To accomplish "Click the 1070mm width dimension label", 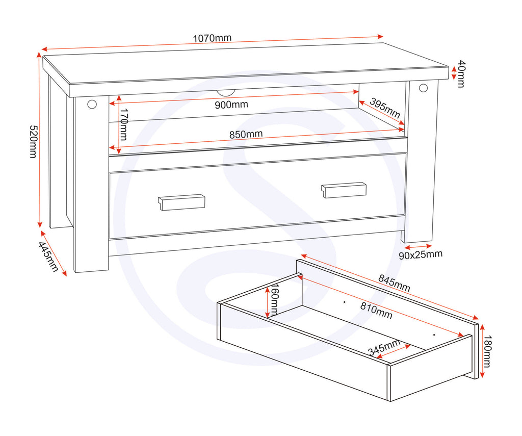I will [x=212, y=38].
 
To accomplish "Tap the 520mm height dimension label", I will [x=33, y=141].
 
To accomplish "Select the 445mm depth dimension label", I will [x=48, y=257].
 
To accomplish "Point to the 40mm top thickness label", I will [x=460, y=74].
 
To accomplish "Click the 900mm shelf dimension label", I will [x=231, y=105].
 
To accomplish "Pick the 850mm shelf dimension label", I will [x=246, y=134].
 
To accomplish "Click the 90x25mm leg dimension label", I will [x=421, y=254].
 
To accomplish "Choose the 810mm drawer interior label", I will [x=377, y=311].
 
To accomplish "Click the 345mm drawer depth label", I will [x=384, y=348].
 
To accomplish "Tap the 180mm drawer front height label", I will [x=487, y=351].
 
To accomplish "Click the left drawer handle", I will [x=181, y=202].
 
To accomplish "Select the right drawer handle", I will [x=344, y=190].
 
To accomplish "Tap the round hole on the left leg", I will [x=92, y=105].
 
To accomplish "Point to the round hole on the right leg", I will [x=423, y=88].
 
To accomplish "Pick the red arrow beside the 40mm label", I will [x=453, y=73].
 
